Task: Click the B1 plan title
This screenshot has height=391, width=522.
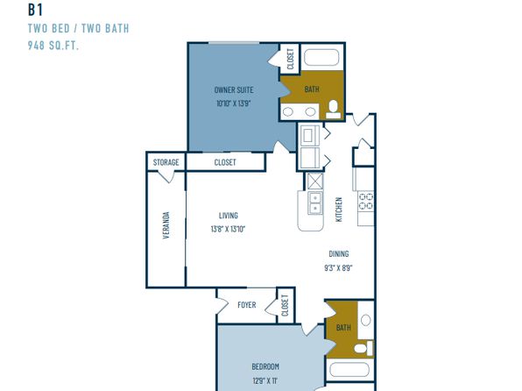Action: [x=35, y=10]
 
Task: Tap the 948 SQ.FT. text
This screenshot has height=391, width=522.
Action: [x=53, y=46]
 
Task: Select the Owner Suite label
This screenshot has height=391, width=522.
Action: [x=234, y=90]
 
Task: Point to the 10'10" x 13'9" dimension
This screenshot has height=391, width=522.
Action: [x=234, y=103]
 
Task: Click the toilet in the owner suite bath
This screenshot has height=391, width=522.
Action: [x=333, y=110]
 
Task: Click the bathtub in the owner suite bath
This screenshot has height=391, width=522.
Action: [x=321, y=57]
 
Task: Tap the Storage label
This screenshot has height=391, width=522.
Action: [x=166, y=162]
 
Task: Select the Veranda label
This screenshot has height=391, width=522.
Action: [x=166, y=225]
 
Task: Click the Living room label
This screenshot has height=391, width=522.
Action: [x=229, y=216]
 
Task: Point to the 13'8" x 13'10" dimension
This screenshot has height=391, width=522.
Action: [x=228, y=229]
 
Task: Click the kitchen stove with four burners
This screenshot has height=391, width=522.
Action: [x=366, y=201]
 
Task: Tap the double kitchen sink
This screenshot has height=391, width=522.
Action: [x=315, y=203]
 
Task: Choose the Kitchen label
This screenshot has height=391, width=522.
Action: [x=339, y=210]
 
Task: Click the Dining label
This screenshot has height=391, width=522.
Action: [x=339, y=254]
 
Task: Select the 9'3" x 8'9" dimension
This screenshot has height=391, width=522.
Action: [x=338, y=267]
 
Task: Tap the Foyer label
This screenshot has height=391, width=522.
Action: [x=247, y=305]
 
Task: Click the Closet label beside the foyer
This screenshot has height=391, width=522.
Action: [x=285, y=305]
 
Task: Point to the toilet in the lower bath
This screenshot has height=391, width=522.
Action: [x=363, y=348]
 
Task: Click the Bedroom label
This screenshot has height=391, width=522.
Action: [x=265, y=366]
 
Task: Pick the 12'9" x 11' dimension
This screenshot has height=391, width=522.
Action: [x=265, y=380]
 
